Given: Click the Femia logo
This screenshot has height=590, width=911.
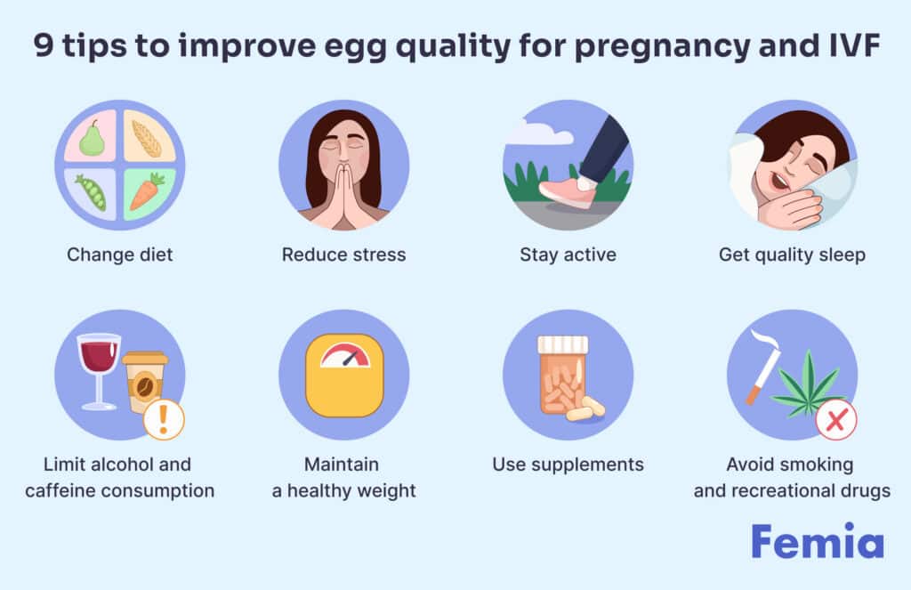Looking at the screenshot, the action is click(x=818, y=541).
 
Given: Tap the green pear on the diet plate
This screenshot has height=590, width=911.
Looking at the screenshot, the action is click(x=92, y=138).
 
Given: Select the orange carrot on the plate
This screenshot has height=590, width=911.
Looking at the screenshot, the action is click(x=147, y=190).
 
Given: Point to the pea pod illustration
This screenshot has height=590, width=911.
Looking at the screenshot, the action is click(x=91, y=192).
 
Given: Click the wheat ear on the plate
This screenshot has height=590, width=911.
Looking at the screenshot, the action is click(x=147, y=138).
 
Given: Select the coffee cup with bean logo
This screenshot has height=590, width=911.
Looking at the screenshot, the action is click(x=144, y=381).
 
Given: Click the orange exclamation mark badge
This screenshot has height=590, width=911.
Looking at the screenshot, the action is click(x=164, y=420).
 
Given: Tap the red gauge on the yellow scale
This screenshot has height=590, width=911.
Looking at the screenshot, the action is click(x=346, y=356).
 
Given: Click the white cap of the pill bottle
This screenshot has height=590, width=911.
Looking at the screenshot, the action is click(x=563, y=345).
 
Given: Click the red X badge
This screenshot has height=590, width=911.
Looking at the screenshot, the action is click(x=836, y=420).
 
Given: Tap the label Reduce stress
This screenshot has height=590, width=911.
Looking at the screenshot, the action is click(x=344, y=255).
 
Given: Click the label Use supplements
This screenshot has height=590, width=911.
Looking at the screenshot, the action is click(x=568, y=465).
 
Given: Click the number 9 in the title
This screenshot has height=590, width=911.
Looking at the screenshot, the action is click(x=44, y=44).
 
